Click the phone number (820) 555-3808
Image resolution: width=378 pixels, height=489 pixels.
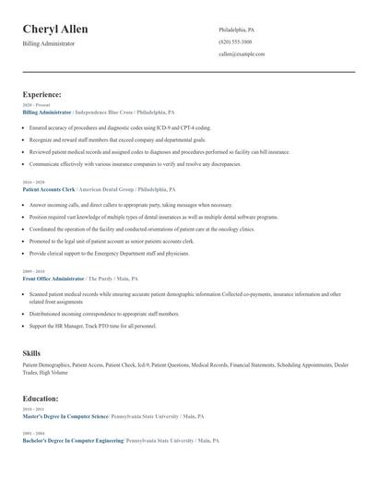(235, 42)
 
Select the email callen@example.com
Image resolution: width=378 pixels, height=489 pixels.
(242, 54)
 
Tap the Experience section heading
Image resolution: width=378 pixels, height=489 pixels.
(42, 94)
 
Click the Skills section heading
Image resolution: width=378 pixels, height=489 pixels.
(31, 353)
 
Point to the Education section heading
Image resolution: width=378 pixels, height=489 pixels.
(41, 399)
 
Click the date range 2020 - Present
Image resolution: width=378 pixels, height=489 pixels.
(35, 105)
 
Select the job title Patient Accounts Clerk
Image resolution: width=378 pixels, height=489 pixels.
(48, 188)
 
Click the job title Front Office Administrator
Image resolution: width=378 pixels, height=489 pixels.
(53, 278)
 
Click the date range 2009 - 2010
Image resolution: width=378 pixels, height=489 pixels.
(33, 271)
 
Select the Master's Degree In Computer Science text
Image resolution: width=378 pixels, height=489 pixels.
(65, 417)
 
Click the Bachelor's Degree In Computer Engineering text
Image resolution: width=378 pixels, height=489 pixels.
(73, 441)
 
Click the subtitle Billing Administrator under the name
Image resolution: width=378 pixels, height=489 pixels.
(49, 43)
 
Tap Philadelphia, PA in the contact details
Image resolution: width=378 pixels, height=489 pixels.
(237, 30)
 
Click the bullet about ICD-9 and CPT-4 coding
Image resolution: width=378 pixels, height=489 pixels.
(120, 127)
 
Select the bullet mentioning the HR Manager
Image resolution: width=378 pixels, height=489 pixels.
(92, 326)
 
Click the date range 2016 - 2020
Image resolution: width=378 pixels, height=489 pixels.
(33, 183)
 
